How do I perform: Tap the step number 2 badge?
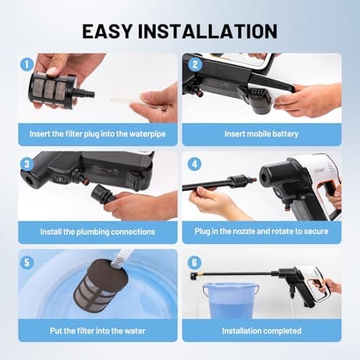[x=192, y=63]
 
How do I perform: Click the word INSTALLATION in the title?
[x=212, y=31]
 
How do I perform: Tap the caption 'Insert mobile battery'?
[x=261, y=134]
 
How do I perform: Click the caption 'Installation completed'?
[x=261, y=331]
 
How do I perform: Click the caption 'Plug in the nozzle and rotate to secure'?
[x=261, y=232]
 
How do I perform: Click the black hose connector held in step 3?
[x=101, y=194]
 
